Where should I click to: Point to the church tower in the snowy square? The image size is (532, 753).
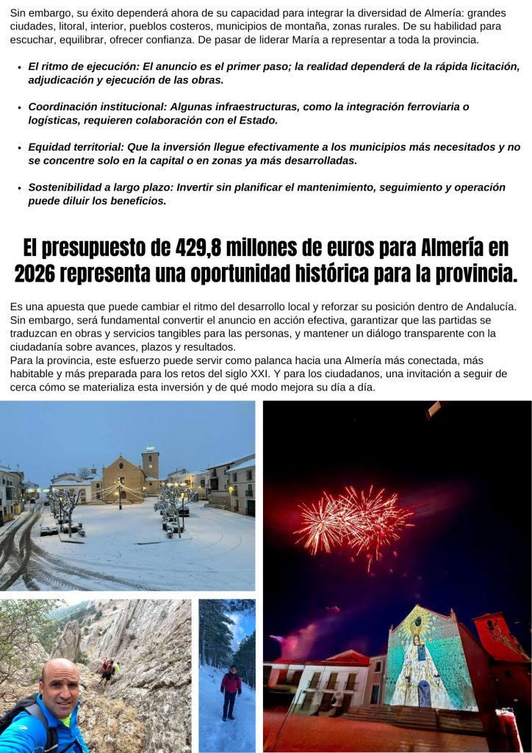click(150, 465)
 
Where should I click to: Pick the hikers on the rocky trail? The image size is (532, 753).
click(108, 670)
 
